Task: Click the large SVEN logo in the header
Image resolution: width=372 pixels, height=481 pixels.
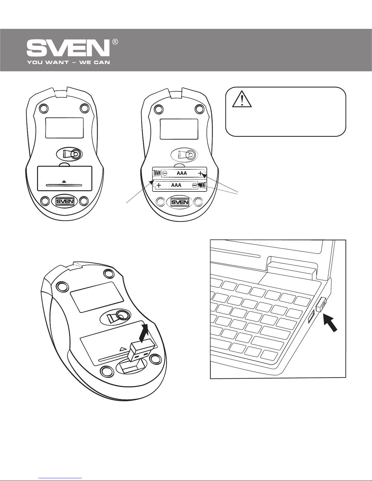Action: pyautogui.click(x=68, y=49)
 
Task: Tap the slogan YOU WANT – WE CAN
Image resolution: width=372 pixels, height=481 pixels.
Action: pyautogui.click(x=68, y=63)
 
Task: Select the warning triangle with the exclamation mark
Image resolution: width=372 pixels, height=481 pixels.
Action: pyautogui.click(x=242, y=98)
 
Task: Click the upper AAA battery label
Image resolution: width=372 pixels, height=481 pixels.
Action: pyautogui.click(x=182, y=174)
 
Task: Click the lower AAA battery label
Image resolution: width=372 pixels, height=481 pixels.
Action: pyautogui.click(x=176, y=185)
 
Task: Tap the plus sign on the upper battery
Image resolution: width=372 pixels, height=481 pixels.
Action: pyautogui.click(x=201, y=174)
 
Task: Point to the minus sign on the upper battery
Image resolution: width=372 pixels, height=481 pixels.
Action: pyautogui.click(x=164, y=174)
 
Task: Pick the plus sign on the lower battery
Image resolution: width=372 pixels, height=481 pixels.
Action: pyautogui.click(x=159, y=185)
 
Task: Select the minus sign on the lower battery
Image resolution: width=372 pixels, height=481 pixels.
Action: pyautogui.click(x=194, y=185)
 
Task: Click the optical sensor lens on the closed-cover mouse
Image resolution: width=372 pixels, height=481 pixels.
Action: pyautogui.click(x=75, y=154)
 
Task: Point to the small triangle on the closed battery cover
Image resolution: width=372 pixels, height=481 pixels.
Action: pyautogui.click(x=64, y=181)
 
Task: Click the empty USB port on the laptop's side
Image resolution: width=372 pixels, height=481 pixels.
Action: pyautogui.click(x=310, y=317)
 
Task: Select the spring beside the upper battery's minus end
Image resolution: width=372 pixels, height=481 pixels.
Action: pyautogui.click(x=156, y=174)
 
